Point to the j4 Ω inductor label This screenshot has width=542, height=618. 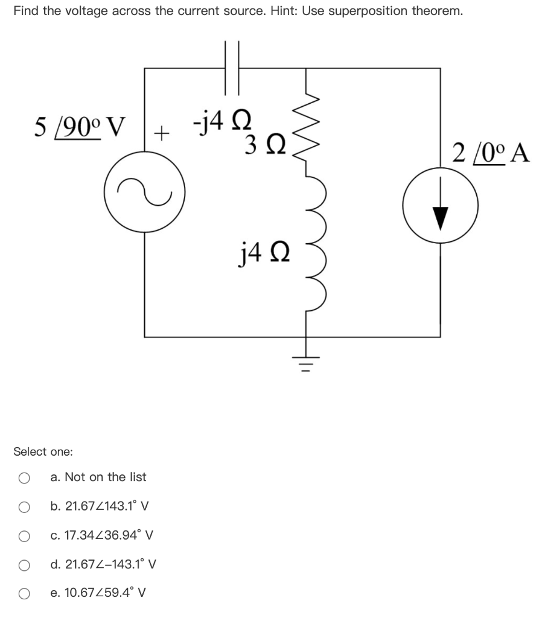[x=257, y=248]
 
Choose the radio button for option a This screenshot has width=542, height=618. [x=24, y=477]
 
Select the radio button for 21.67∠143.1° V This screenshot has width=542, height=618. [x=24, y=506]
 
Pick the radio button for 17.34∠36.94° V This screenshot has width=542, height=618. [x=24, y=535]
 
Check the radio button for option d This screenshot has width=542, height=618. [x=24, y=565]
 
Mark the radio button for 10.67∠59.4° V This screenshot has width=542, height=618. [x=24, y=594]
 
